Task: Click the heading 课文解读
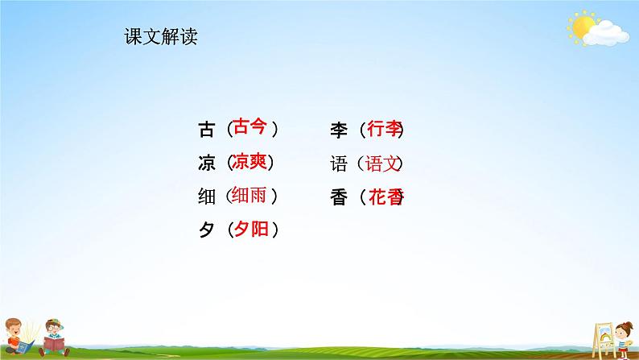tap(161, 37)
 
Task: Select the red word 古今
tap(249, 127)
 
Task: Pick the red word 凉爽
tap(249, 162)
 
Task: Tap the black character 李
tap(338, 129)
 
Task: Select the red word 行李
tap(383, 128)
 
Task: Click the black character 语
tap(338, 163)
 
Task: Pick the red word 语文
tap(382, 163)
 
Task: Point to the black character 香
tap(338, 197)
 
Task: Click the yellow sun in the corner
tap(580, 27)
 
